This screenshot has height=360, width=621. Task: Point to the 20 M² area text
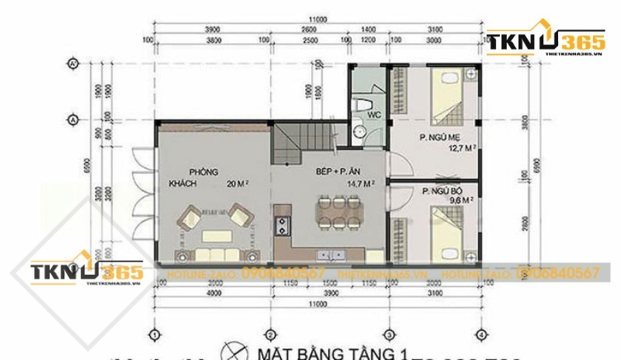[x=238, y=184]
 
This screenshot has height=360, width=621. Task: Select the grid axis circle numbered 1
[x=155, y=334]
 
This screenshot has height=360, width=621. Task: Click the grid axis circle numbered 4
[x=482, y=334]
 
